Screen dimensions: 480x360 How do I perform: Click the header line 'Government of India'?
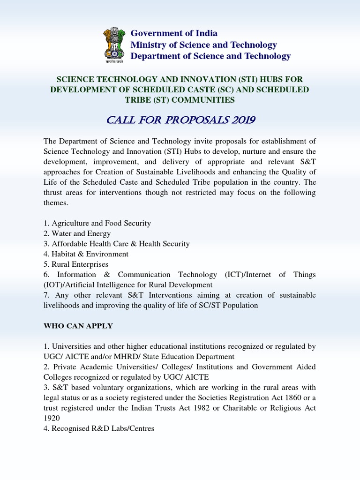click(x=174, y=33)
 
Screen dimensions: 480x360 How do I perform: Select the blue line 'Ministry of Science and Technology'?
click(x=203, y=45)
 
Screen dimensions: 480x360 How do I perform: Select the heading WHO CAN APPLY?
click(x=78, y=326)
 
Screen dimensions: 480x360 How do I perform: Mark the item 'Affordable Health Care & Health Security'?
click(x=117, y=244)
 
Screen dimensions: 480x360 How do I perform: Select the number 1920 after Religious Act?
click(x=52, y=419)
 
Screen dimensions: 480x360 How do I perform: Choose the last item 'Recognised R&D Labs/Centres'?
click(x=99, y=428)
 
